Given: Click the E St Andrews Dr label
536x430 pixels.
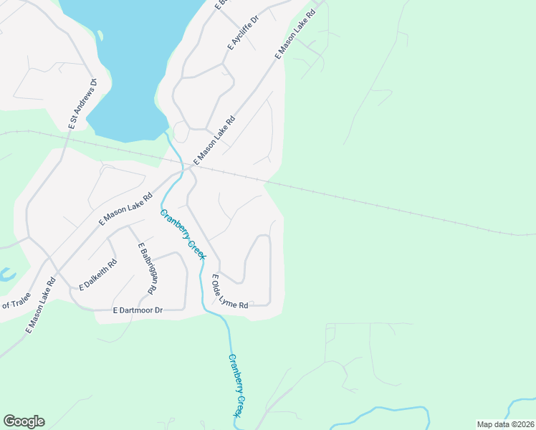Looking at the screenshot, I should [82, 104].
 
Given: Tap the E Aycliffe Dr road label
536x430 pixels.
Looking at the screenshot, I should [241, 32].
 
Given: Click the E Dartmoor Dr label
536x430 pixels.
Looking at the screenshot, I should [138, 310].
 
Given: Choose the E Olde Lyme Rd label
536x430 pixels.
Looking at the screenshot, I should [229, 292].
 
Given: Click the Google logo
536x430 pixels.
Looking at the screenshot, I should [24, 421].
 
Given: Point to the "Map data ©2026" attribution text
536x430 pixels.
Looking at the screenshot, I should [505, 424].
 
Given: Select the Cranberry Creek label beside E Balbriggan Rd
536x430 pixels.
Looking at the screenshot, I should [183, 235].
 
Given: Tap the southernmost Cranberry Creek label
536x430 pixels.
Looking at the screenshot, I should [239, 386].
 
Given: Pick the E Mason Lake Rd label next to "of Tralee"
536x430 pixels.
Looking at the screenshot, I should [41, 305].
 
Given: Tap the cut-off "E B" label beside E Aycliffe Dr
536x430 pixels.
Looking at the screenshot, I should [220, 5].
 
